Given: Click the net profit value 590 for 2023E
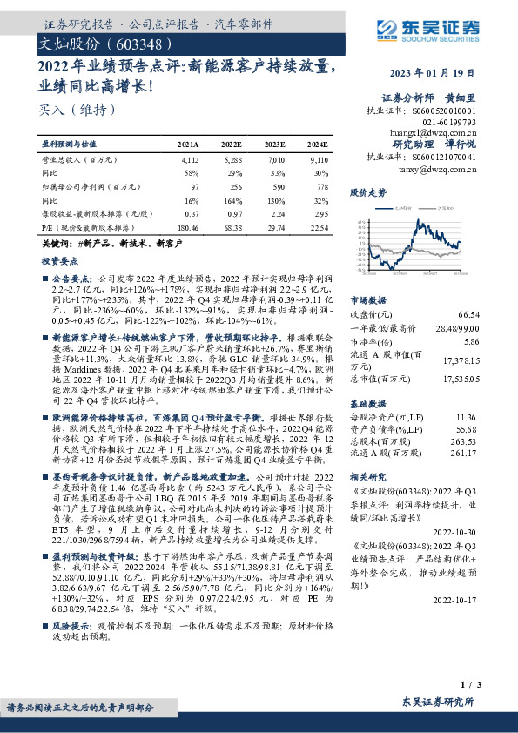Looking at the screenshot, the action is (x=275, y=185).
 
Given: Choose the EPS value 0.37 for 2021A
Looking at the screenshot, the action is (x=192, y=213).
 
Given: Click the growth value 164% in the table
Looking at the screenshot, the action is (x=232, y=199).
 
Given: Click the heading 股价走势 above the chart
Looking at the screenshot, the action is (x=368, y=192).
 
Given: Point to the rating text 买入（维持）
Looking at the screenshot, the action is (x=66, y=110).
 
